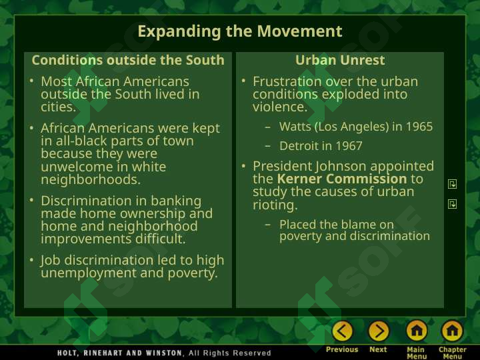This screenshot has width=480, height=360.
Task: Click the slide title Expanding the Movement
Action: coord(240,31)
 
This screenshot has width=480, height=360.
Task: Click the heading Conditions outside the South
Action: coord(128,60)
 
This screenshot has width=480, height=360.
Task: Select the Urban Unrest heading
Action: coord(340,60)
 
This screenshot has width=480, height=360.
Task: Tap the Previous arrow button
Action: coord(342,331)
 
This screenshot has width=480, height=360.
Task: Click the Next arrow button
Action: coord(379,331)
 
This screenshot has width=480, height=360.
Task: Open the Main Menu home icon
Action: coord(417,331)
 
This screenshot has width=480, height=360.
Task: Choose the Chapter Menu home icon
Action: coord(452,331)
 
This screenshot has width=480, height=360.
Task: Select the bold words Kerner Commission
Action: coord(342,179)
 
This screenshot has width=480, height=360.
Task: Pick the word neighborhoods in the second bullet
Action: coord(91,179)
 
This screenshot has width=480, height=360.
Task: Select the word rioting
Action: coord(275,205)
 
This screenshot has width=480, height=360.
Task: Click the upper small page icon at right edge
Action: coord(452,184)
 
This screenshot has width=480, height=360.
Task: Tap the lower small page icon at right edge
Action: coord(452,204)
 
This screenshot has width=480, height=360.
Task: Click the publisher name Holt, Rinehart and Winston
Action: coord(121,353)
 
